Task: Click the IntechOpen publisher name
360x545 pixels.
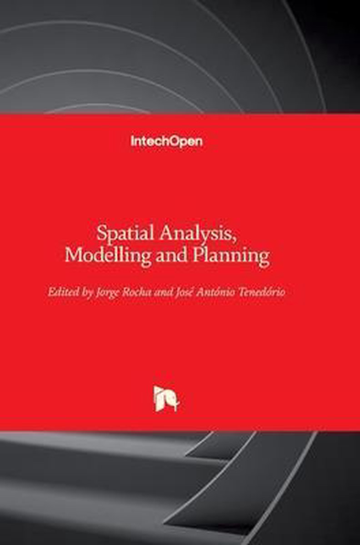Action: click(166, 141)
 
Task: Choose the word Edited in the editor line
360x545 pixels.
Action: click(63, 292)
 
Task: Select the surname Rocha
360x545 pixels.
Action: click(137, 292)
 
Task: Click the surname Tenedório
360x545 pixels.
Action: click(261, 292)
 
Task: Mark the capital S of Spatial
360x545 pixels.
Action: click(101, 233)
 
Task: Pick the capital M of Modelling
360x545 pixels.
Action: click(73, 255)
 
